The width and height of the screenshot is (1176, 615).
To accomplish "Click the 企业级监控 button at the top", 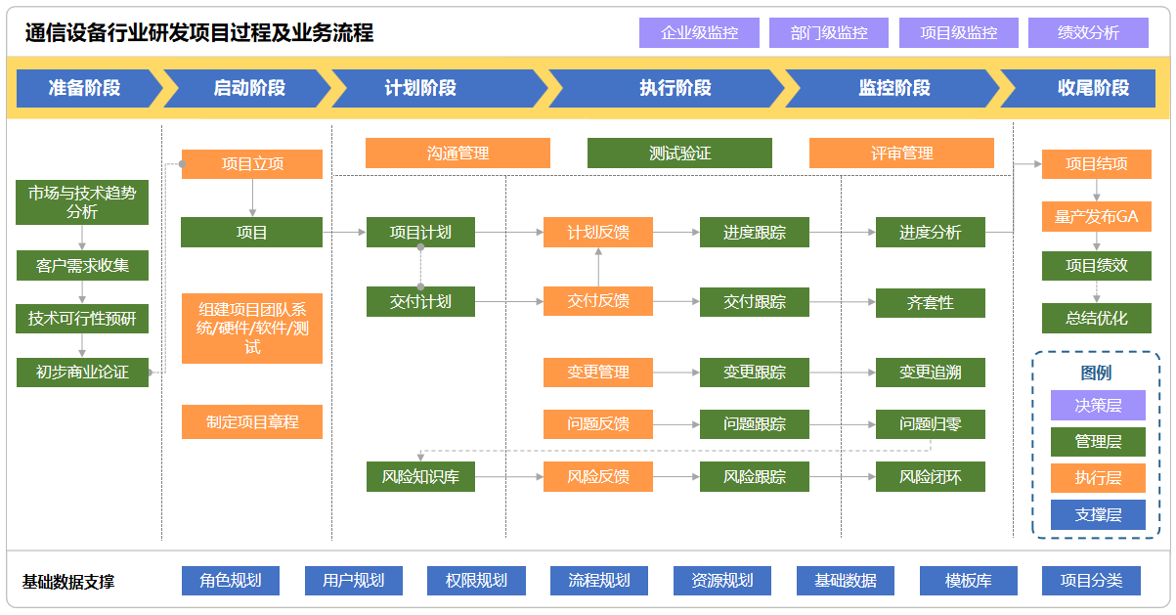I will tap(699, 32).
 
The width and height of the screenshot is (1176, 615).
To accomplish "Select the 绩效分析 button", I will tap(1088, 32).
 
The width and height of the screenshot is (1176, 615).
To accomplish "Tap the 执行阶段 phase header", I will tap(675, 88).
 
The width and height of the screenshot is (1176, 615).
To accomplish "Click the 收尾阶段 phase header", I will tap(1093, 88).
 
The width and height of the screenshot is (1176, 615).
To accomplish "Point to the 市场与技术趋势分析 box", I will tap(82, 202).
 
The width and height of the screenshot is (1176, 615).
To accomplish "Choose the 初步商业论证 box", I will tap(82, 372).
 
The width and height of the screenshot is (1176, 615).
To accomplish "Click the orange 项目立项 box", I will tap(252, 164).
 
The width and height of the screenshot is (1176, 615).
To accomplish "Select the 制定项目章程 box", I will tap(252, 422).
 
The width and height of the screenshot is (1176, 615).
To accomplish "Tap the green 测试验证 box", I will tap(679, 154).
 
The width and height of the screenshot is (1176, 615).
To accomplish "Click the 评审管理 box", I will tap(901, 154).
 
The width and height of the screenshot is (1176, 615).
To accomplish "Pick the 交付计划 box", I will tap(420, 301).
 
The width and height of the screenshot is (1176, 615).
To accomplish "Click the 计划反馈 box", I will tap(598, 233).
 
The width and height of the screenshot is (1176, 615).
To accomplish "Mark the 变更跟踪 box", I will tap(755, 372).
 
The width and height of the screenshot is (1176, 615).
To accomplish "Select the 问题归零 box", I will tap(931, 424).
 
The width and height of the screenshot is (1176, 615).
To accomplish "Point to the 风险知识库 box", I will tap(420, 477).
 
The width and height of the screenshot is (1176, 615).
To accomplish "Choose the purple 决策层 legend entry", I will tap(1098, 405).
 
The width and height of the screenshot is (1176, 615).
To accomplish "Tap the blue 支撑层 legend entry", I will tap(1098, 514).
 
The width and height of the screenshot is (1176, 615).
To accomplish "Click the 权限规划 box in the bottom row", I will tap(476, 581).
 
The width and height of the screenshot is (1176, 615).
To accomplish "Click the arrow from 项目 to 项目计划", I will tap(344, 233).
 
